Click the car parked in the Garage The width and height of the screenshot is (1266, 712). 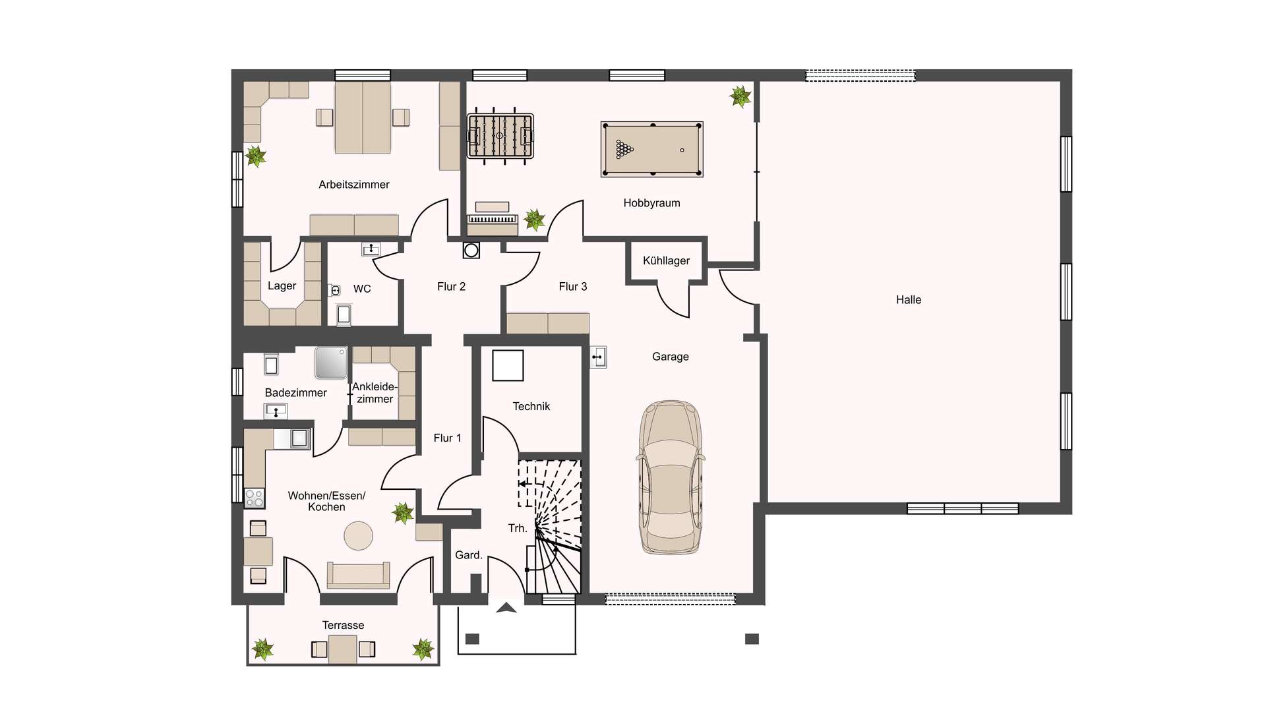pos(670,477)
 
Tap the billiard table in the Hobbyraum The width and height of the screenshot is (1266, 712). pos(651,149)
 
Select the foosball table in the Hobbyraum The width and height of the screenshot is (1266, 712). pos(500,136)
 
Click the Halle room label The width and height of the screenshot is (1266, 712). pos(908,300)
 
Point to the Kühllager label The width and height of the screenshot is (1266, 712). pos(666,260)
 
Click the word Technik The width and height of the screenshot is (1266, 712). pos(531,406)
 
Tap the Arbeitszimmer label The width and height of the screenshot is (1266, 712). pos(354,185)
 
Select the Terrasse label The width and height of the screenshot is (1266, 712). pos(343,625)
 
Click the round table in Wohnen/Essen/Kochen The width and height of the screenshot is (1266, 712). pos(359,535)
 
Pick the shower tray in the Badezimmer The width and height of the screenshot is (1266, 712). pos(331,363)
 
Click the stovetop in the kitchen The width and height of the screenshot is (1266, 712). pos(255,498)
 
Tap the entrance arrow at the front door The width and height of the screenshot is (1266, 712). pos(506,608)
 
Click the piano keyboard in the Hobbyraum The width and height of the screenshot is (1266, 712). pos(492,219)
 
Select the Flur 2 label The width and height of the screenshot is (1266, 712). pos(451,287)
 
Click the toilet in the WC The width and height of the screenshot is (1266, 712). pos(334,290)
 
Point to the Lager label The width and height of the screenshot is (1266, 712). pos(282,286)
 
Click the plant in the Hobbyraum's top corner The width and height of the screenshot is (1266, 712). pos(740,96)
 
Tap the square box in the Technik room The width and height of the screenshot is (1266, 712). pos(508,365)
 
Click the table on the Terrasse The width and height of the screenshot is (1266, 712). pos(343,649)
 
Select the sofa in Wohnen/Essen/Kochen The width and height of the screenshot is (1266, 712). pos(358,576)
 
